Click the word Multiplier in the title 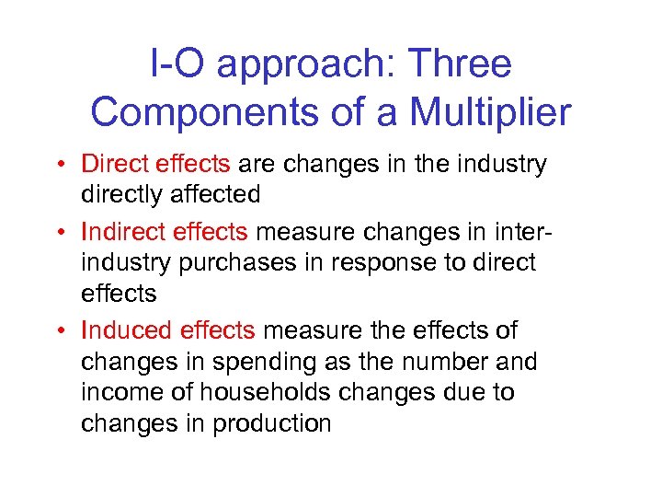point(490,113)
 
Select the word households point(262,392)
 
